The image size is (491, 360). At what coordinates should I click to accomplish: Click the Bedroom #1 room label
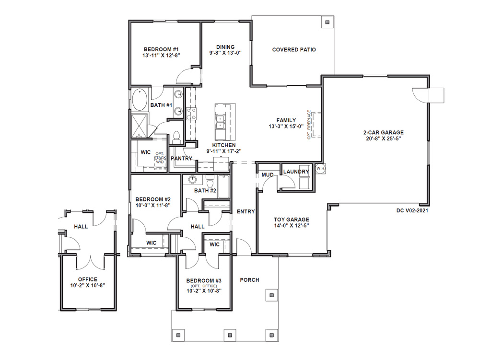coord(161,49)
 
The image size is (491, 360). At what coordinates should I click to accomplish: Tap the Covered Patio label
coord(294,49)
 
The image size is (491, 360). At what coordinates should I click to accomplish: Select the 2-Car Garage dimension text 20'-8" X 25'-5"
coord(384,139)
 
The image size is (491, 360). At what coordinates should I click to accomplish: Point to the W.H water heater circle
coord(320,168)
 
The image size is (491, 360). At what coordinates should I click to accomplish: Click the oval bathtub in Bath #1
coord(140,100)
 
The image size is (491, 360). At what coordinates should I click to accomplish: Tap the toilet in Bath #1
coord(176,138)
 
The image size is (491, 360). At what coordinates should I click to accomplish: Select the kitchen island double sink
coord(220,122)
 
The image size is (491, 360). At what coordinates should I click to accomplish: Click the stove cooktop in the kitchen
coord(191,114)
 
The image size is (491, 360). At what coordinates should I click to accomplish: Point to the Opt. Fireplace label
coord(309,125)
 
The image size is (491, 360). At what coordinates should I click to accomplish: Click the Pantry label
coord(181,158)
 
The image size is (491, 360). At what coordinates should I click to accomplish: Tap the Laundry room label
coord(296,172)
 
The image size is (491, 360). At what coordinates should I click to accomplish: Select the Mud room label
coord(268,174)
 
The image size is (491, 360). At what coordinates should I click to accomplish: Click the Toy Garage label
coord(292,220)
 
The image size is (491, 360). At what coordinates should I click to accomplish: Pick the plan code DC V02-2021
coord(412,210)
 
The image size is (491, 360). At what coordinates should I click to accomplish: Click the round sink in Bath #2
coord(192,180)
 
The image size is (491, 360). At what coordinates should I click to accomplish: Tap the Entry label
coord(246,211)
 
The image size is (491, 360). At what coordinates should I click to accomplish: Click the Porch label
coord(249,280)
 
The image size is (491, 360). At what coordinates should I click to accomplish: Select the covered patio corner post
coord(327,22)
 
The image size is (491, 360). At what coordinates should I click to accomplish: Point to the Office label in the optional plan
coord(88,279)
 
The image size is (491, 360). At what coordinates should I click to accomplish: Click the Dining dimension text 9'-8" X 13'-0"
coord(225,53)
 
